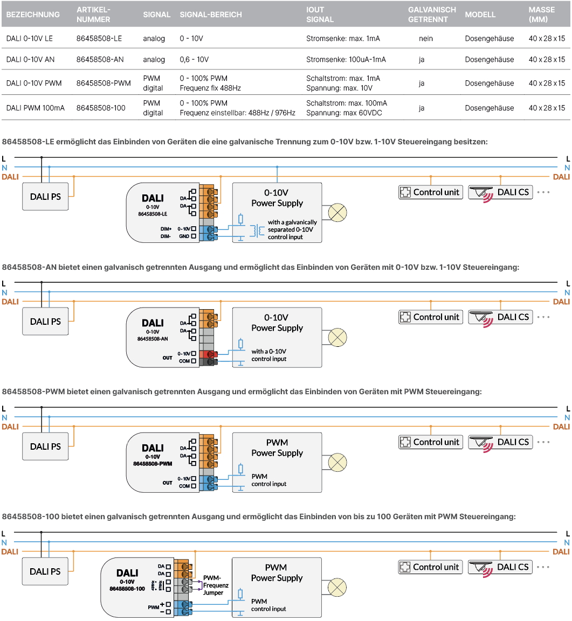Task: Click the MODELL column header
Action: tap(480, 15)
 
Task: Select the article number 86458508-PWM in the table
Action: tap(104, 83)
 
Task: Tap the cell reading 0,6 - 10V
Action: tap(194, 59)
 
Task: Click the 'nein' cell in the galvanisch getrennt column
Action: tap(426, 38)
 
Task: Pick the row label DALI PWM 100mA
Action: tap(35, 108)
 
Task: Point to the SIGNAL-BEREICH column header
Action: tap(211, 15)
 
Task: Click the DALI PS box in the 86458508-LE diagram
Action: tap(45, 197)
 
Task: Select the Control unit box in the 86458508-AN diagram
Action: tap(431, 317)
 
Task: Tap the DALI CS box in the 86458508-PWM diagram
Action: tap(500, 442)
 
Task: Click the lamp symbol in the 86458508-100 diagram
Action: tap(337, 587)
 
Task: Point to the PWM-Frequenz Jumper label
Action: tap(216, 585)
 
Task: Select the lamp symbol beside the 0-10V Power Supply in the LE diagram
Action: tap(337, 212)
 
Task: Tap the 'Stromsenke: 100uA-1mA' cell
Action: tap(346, 59)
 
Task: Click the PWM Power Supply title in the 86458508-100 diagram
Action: tap(277, 573)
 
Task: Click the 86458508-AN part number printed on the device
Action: tap(153, 339)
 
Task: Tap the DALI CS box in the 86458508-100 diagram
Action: tap(500, 567)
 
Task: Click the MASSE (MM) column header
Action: tap(541, 15)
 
